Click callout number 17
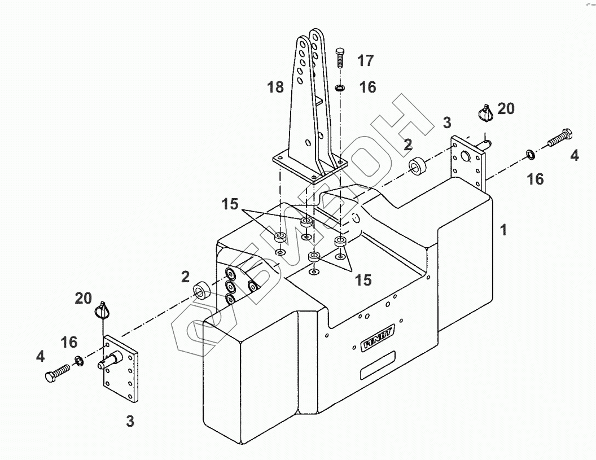pyautogui.click(x=365, y=60)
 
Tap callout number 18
pyautogui.click(x=275, y=87)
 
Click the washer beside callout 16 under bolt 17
pyautogui.click(x=340, y=88)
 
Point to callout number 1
pyautogui.click(x=503, y=230)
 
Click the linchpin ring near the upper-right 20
pyautogui.click(x=485, y=112)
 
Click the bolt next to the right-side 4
pyautogui.click(x=560, y=138)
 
